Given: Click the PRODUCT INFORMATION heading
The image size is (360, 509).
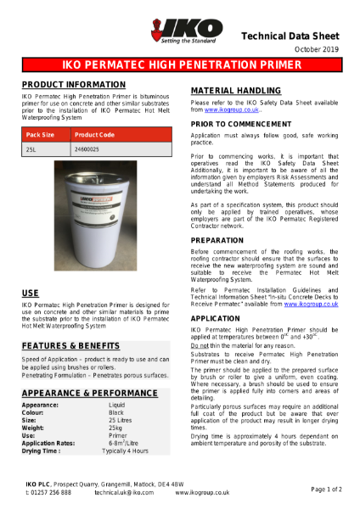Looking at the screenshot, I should coord(69,86).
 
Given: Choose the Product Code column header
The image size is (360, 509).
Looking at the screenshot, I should coord(96,134).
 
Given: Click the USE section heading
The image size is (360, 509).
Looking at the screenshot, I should coord(30,293).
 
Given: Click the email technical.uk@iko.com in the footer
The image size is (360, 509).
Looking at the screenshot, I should coord(124,491).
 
